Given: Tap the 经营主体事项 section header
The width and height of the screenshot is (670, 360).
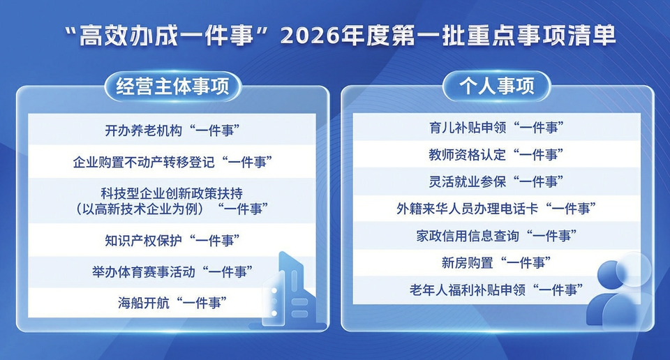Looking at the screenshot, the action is pos(172,87).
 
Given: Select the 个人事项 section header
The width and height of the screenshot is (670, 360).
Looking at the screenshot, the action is pos(496,86).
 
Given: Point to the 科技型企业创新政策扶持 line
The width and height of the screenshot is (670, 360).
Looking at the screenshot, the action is pos(172,193).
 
